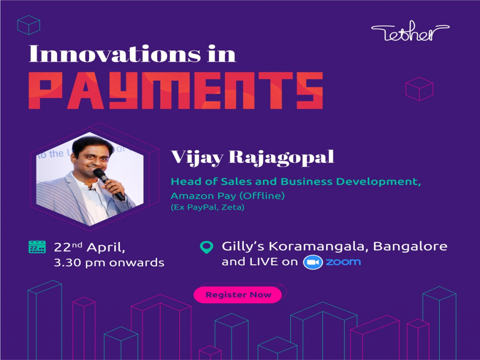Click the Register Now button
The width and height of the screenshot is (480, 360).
click(x=238, y=295)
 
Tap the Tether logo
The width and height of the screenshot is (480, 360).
click(x=410, y=33)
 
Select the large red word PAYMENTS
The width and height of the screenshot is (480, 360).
click(x=175, y=90)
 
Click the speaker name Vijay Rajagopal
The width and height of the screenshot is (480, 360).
click(x=252, y=157)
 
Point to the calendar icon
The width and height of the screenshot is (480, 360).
click(x=37, y=247)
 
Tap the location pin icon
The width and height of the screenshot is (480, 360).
click(x=206, y=247)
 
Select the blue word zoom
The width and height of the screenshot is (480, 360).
click(x=343, y=262)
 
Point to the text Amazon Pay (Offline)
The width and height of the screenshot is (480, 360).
click(x=214, y=195)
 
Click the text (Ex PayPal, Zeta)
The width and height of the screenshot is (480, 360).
click(x=208, y=207)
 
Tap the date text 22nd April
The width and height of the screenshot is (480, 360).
click(x=89, y=247)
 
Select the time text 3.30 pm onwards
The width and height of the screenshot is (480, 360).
click(x=109, y=262)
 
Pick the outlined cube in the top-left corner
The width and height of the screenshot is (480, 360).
click(x=28, y=24)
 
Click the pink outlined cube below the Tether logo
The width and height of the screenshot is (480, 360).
click(x=419, y=89)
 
